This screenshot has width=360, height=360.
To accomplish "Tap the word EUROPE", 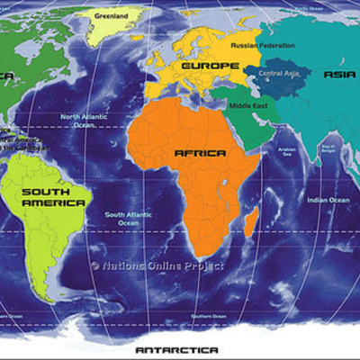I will pyautogui.click(x=211, y=66).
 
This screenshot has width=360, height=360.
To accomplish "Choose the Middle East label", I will pyautogui.click(x=247, y=105).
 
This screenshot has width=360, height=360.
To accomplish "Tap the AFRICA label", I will pyautogui.click(x=200, y=154).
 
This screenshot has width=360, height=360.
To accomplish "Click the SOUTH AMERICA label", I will pyautogui.click(x=53, y=197).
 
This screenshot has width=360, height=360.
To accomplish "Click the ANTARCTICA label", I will pyautogui.click(x=176, y=348).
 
